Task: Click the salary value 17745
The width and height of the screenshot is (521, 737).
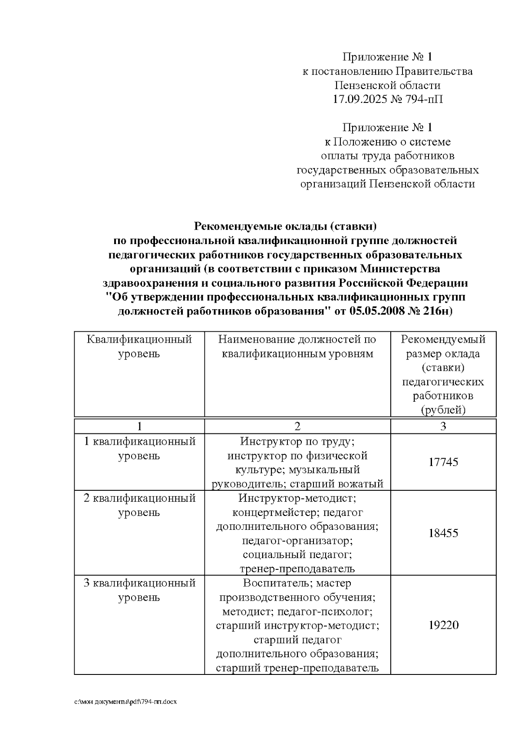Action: click(x=443, y=462)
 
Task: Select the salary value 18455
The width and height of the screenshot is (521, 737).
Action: click(x=443, y=533)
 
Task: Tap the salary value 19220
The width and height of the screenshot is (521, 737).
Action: click(x=443, y=625)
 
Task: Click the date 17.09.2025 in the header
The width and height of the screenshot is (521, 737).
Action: click(x=357, y=99)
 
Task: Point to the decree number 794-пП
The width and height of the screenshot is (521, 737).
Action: click(x=424, y=99)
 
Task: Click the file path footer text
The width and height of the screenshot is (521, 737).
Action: click(x=125, y=702)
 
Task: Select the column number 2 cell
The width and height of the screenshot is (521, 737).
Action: click(x=297, y=426)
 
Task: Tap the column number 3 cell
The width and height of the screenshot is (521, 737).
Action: click(x=443, y=426)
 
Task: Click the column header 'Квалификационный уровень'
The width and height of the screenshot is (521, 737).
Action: click(x=139, y=347)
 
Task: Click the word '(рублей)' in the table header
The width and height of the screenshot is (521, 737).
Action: click(x=443, y=410)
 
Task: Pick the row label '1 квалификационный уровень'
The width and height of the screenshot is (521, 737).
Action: click(x=139, y=449)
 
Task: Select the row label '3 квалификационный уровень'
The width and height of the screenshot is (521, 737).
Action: click(x=139, y=590)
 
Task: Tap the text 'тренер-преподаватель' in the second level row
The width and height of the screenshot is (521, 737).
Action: click(x=297, y=569)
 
